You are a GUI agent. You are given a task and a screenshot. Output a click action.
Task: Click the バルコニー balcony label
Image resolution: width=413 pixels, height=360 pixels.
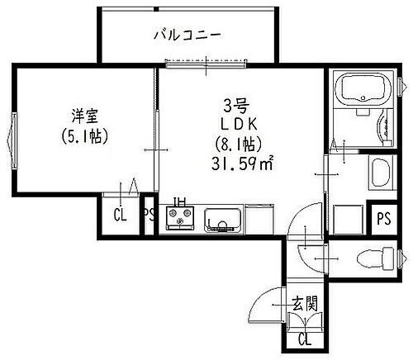coord(188,36)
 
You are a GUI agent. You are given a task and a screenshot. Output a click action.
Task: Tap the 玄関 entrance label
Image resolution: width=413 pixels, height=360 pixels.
coord(304,302)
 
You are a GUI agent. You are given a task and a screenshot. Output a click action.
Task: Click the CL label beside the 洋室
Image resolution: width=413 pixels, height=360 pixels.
coord(120,217)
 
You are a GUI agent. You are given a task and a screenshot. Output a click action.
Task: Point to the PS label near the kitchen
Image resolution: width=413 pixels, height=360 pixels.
coord(149,217)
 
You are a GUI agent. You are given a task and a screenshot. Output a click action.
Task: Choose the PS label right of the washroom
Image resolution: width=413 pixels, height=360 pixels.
coord(383,219)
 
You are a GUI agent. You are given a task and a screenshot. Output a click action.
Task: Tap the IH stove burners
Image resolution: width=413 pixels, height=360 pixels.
coord(179,220)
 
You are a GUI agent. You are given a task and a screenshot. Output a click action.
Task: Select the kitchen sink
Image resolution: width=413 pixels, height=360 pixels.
coord(222,220)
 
